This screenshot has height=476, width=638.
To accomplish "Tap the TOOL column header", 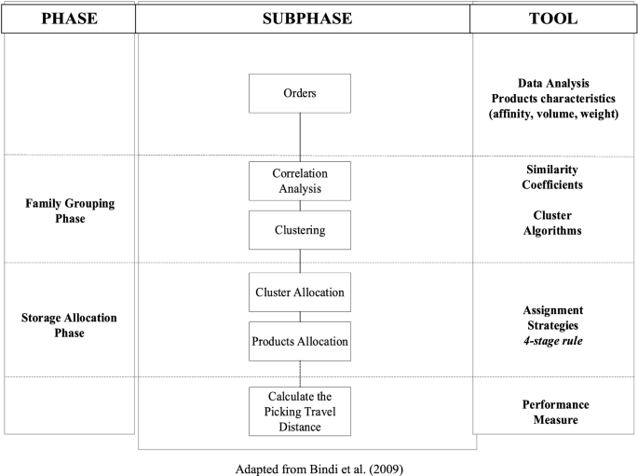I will pos(555,18).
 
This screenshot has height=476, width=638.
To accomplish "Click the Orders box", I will pos(300,93).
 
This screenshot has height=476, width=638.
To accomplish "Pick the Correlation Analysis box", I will pos(300,181).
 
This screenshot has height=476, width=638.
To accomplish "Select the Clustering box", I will pos(300,229).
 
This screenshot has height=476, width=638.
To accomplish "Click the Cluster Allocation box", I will pos(300,292).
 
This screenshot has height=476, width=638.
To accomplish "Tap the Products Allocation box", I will pos(300,341).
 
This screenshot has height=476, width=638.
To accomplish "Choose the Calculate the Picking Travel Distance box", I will pos(300,412).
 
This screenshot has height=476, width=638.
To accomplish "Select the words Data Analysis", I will pos(554,84).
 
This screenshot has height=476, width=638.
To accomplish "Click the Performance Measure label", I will pos(554,412).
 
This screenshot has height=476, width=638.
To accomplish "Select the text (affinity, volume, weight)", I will pos(554,114).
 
